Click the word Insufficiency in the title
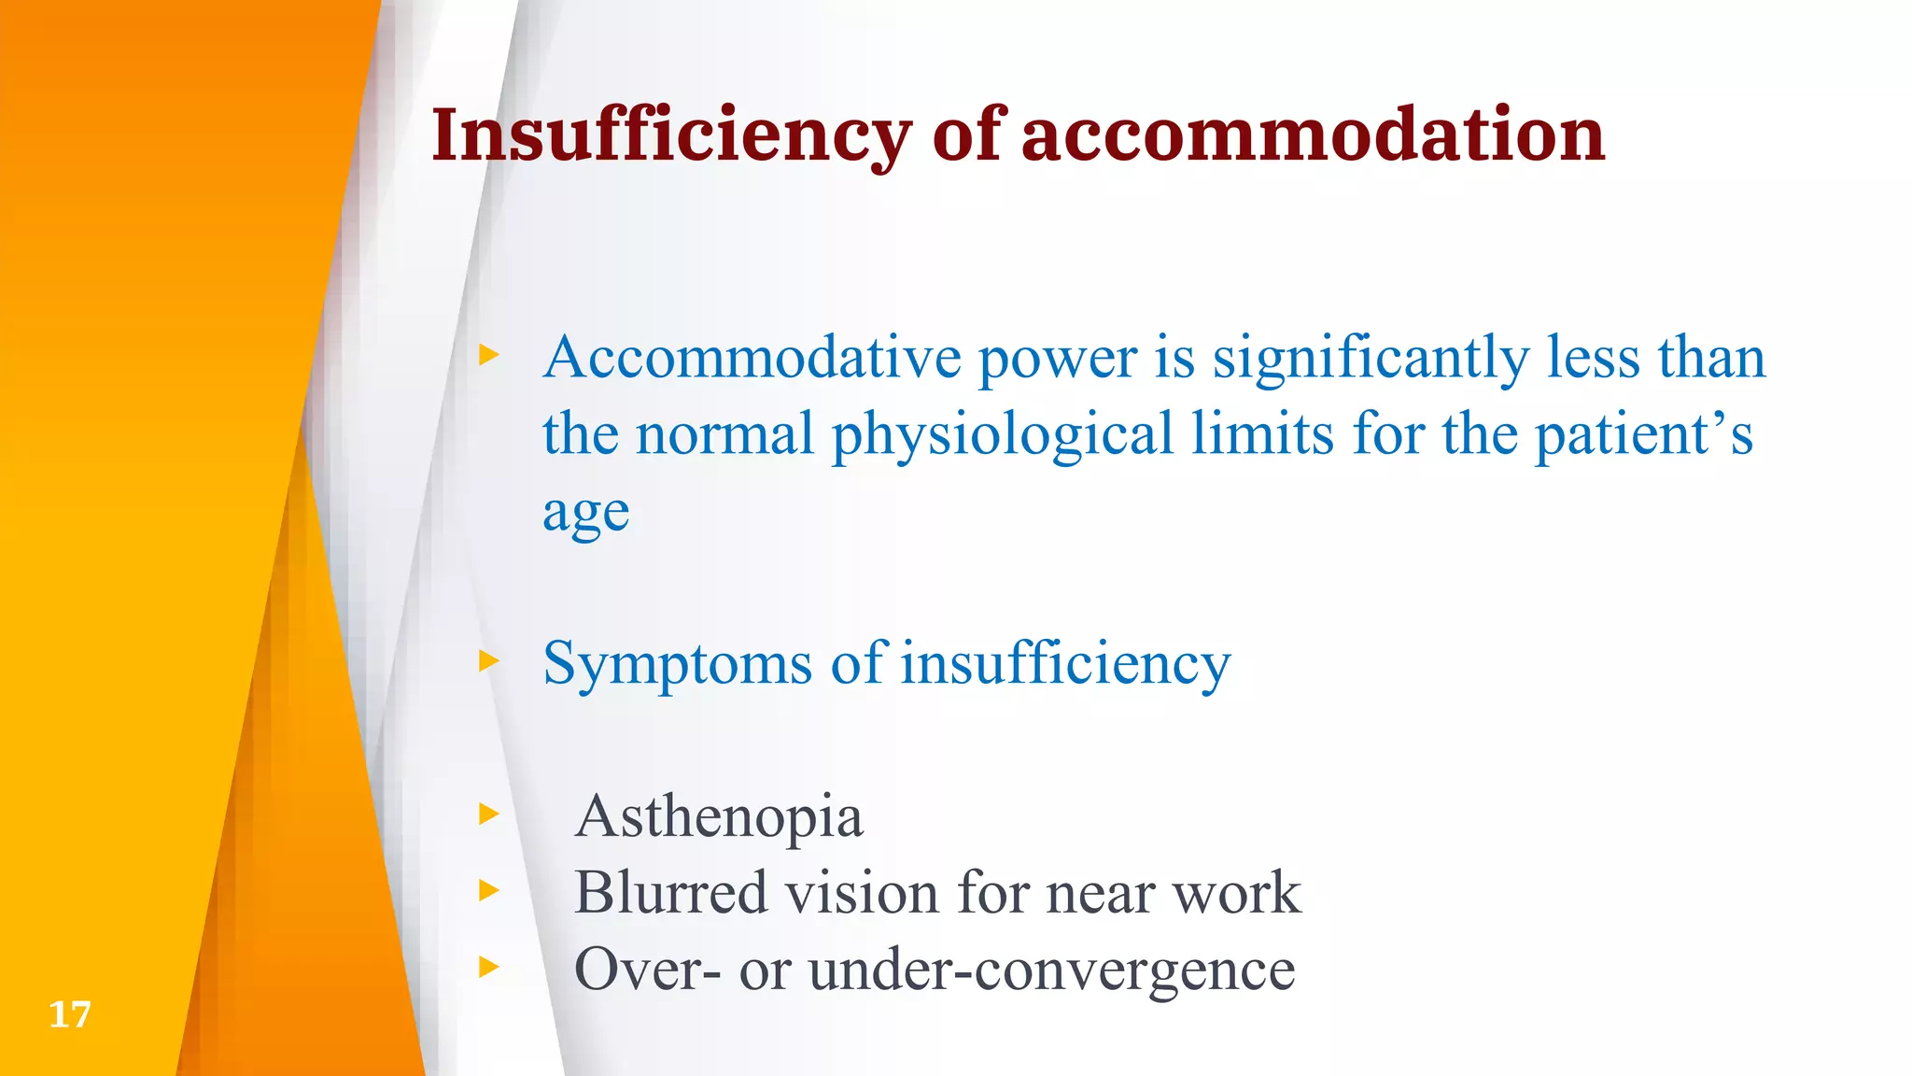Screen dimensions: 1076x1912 click(670, 136)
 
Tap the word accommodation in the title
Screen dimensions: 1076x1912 click(1313, 136)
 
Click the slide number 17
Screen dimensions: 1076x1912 click(69, 1014)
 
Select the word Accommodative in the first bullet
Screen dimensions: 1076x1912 click(752, 358)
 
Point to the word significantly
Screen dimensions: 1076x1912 click(1371, 360)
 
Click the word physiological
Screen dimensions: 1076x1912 click(1002, 436)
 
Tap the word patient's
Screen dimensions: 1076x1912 click(1643, 436)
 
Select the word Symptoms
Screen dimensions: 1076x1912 click(677, 665)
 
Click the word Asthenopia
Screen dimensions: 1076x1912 click(719, 817)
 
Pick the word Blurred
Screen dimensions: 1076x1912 click(670, 893)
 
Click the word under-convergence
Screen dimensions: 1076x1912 click(1051, 970)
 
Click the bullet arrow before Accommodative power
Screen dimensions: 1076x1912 click(488, 355)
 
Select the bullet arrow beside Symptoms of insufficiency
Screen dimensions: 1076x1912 click(488, 661)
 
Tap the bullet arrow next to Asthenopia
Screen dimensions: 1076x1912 click(488, 814)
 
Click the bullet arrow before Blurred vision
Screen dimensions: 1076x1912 click(488, 890)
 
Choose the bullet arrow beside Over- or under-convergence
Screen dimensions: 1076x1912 click(488, 966)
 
